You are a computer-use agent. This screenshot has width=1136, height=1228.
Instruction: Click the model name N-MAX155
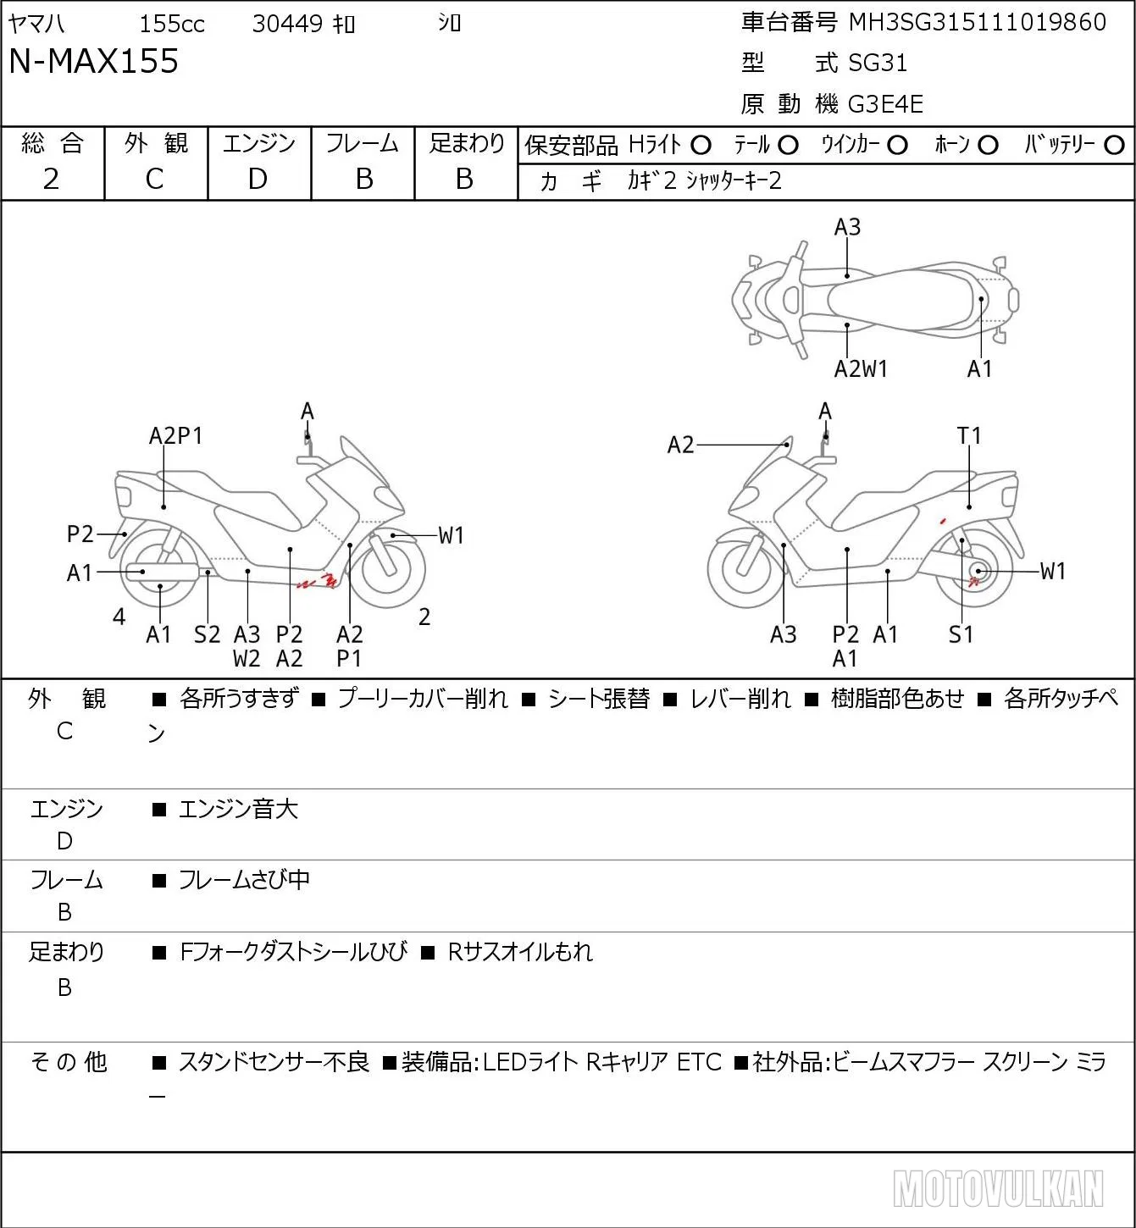pos(93,61)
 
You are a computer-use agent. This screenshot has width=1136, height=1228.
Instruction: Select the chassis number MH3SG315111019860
pos(977,22)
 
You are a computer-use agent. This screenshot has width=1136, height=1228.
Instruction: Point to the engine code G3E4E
pos(885,104)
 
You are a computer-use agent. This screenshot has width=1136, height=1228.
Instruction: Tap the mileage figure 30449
pos(287,24)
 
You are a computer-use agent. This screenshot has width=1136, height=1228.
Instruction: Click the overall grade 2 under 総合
pos(51,179)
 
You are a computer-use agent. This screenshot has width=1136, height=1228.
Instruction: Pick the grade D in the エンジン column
pos(258,179)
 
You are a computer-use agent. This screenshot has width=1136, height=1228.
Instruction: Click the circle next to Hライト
pos(701,146)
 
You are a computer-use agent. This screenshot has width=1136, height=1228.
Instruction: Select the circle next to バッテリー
pos(1114,146)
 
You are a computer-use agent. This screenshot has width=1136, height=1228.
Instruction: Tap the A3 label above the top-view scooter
pos(847,227)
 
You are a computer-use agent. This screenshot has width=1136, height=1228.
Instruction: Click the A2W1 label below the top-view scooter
pos(861,369)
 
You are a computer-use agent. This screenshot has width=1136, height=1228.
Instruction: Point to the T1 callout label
pos(969,436)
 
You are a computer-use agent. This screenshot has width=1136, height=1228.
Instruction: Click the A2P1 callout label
pos(175,436)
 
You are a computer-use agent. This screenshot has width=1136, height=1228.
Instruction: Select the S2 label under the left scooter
pos(207,634)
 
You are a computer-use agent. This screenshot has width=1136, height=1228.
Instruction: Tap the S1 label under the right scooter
pos(961,634)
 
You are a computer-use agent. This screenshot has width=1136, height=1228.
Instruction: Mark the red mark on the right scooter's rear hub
pos(973,581)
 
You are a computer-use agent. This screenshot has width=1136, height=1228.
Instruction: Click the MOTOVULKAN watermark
pos(998,1188)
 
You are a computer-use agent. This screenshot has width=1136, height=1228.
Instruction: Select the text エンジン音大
pos(238,809)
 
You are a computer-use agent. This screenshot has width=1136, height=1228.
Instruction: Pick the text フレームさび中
pos(244,879)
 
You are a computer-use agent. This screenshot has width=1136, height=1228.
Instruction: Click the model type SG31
pos(878,63)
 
